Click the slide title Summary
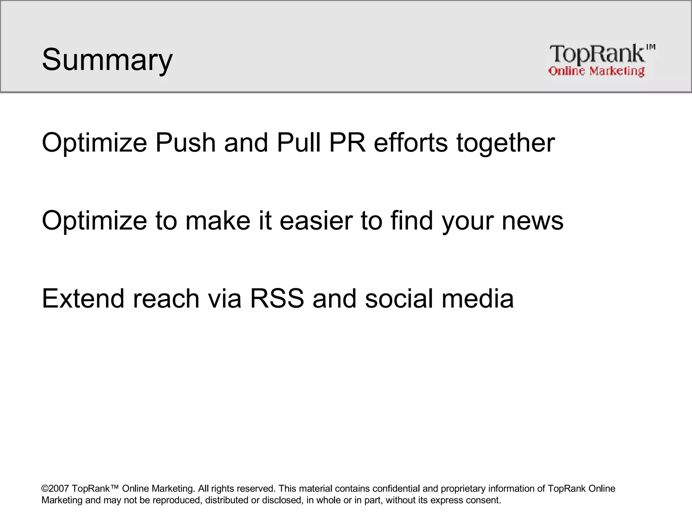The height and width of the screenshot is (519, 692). point(107,60)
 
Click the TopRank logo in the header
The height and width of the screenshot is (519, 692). point(601,60)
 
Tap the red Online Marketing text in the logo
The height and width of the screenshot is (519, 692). point(596,71)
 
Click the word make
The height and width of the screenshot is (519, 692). point(218,221)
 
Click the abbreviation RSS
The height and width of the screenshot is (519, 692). point(277,299)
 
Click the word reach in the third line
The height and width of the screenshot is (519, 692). point(166,299)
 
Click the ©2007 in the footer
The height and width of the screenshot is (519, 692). point(55,489)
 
